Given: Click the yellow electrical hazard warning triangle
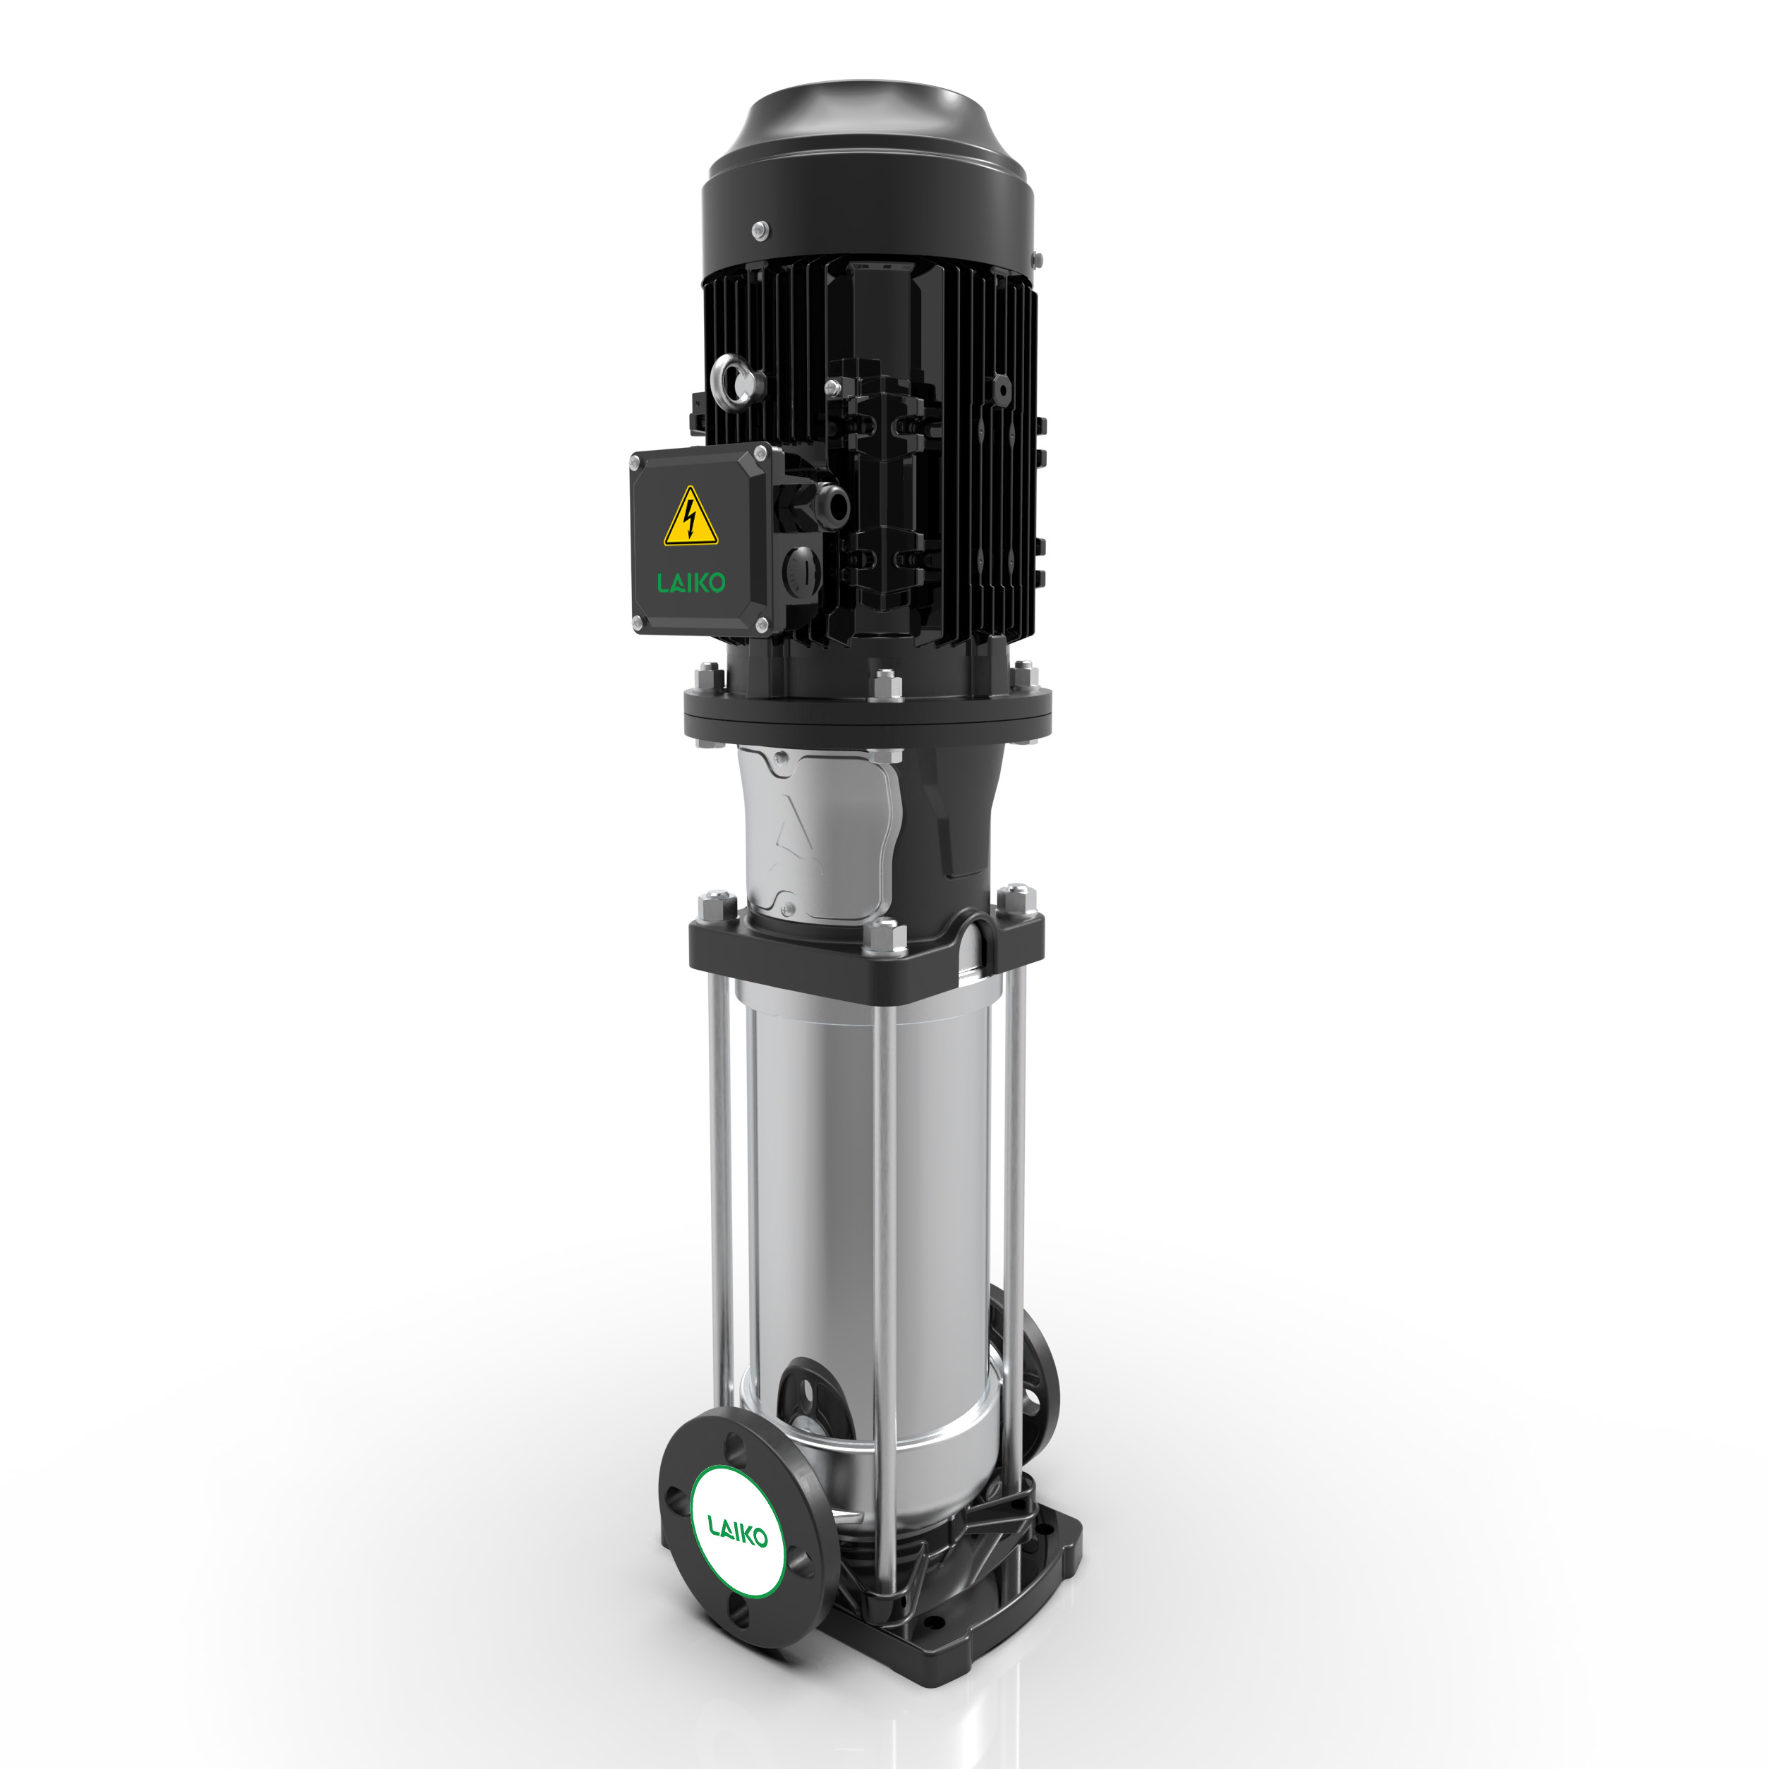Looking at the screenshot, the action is (691, 520).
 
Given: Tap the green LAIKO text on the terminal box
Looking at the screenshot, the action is (691, 583).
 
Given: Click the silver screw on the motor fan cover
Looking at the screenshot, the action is (758, 230).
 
